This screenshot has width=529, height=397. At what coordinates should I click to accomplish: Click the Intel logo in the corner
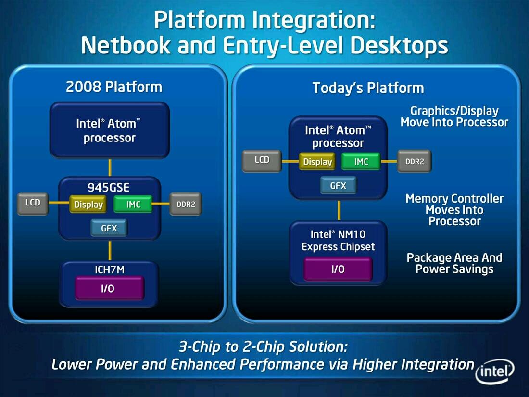coord(495,371)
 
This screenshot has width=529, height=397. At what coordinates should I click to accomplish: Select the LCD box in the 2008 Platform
coord(33,204)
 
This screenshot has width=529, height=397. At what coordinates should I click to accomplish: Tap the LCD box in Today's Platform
coord(262,161)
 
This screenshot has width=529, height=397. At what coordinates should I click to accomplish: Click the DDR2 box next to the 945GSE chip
coord(186,204)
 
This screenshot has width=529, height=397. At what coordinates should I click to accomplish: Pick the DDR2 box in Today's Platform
coord(415,161)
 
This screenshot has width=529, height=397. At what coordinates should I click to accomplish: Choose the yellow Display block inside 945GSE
coord(88,204)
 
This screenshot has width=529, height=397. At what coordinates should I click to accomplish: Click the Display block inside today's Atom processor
coord(317,162)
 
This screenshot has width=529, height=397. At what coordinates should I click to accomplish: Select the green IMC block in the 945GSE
coord(133,204)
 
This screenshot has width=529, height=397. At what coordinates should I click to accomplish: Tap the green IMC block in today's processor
coord(361,162)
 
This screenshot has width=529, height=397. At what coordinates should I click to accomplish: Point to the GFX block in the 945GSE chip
coord(109,228)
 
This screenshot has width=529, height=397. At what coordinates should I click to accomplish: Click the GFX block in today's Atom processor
coord(338,185)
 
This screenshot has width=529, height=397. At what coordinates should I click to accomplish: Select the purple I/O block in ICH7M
coord(109,288)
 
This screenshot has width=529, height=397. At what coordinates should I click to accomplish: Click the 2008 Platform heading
coord(114,87)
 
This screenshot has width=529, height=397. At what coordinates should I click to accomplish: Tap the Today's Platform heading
coord(368,88)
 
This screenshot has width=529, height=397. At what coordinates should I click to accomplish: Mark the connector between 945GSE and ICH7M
coord(110,251)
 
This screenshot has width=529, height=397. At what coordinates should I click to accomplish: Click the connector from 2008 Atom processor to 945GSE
coord(110,167)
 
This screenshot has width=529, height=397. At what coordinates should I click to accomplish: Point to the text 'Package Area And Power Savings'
coord(454,263)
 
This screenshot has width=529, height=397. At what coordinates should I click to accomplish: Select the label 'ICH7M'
coord(109,270)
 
